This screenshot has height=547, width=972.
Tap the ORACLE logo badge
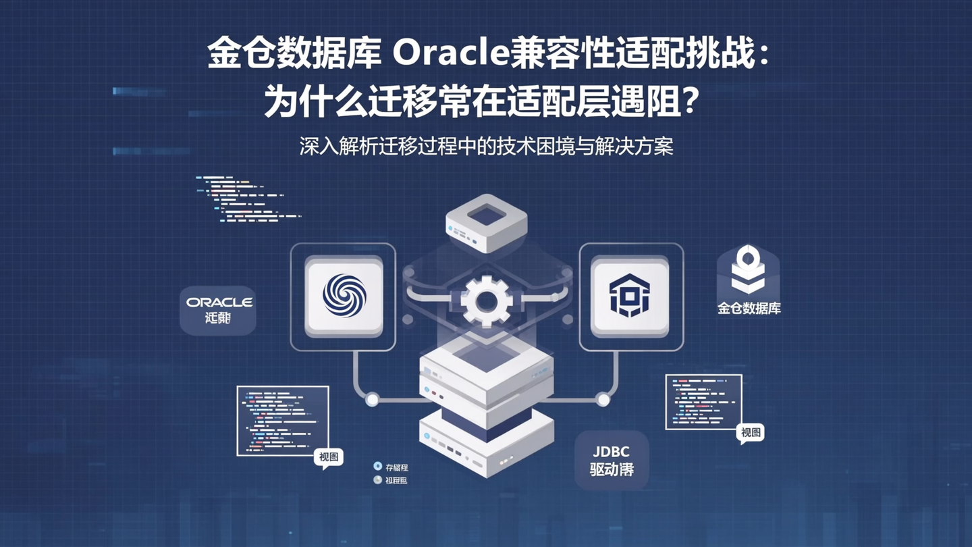(218, 310)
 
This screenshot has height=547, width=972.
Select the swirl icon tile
(344, 296)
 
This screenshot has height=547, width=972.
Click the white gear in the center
(485, 300)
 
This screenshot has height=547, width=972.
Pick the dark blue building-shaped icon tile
(630, 296)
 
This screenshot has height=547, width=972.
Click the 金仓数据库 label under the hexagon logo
(749, 309)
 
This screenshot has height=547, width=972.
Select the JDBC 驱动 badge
(612, 461)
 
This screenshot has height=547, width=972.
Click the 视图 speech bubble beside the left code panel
(329, 457)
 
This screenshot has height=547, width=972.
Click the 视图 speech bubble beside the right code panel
(751, 433)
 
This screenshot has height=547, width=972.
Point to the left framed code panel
(283, 420)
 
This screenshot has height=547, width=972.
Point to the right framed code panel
(703, 402)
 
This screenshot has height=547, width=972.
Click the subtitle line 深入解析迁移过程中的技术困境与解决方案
(486, 147)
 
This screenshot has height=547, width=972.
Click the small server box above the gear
(486, 222)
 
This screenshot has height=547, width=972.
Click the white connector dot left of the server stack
(372, 400)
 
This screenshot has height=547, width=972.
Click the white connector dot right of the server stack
(603, 400)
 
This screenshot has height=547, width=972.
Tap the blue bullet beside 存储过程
(378, 466)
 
